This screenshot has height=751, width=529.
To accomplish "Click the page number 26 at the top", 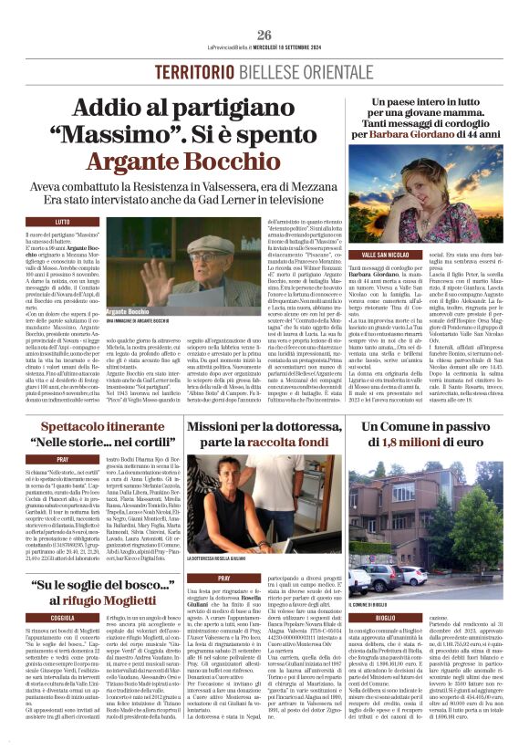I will [264, 36].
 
